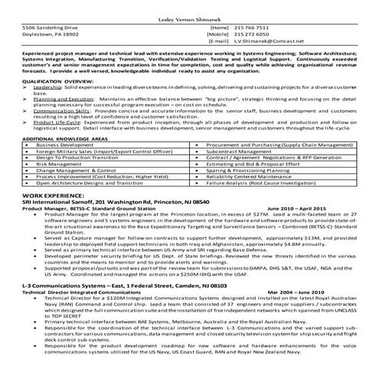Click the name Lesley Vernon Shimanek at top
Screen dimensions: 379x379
(x=189, y=16)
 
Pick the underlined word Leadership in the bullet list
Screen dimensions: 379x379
(x=46, y=88)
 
